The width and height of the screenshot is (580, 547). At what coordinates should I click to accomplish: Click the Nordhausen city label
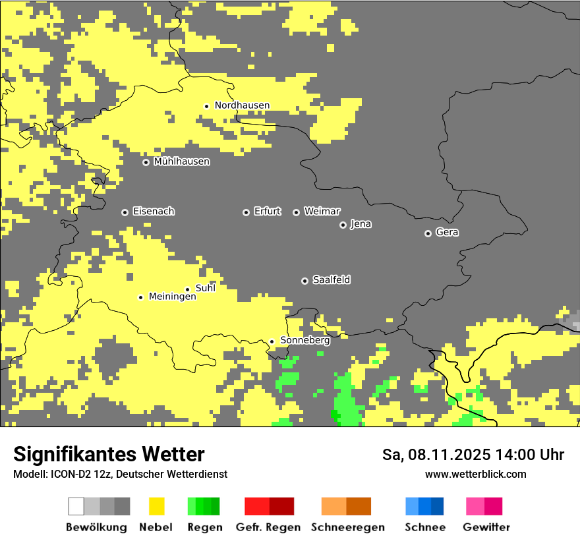point(242,105)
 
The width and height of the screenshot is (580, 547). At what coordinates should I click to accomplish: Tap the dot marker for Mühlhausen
point(146,162)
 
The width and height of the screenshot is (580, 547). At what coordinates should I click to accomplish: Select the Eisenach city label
point(154,212)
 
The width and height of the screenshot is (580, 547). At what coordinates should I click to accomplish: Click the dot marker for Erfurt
point(246,212)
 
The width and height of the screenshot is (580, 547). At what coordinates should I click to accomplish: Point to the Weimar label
point(322,212)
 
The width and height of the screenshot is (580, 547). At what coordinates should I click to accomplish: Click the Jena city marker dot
point(343,225)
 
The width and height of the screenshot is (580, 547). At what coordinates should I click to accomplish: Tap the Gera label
point(447,233)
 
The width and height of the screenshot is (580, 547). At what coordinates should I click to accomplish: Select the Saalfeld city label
point(331,280)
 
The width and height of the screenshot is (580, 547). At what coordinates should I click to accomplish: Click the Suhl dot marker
point(187,289)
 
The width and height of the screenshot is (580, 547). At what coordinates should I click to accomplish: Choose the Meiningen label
point(172,297)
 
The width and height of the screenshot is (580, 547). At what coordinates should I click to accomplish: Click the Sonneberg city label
point(304,341)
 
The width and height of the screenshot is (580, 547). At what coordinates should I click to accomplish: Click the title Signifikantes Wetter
point(109,454)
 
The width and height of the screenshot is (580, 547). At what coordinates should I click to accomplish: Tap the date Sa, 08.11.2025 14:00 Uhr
point(473,455)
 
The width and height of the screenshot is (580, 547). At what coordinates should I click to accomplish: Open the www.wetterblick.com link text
point(475,475)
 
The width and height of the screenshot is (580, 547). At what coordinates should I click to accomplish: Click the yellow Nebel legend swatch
point(156,506)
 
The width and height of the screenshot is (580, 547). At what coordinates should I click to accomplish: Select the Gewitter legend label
point(486,527)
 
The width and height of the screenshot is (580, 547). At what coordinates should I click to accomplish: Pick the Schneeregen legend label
point(347,527)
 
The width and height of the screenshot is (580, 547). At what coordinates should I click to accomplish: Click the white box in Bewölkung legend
point(76,506)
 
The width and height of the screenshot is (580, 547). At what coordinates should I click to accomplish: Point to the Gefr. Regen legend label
point(268,527)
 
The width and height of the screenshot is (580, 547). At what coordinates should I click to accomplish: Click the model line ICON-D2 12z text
point(120,475)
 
